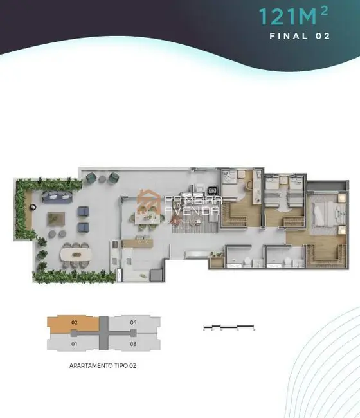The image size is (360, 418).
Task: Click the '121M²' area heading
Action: (294, 15)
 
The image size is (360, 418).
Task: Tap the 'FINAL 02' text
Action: (300, 36)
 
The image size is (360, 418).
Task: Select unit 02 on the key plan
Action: (75, 322)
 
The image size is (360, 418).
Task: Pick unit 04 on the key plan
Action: (133, 322)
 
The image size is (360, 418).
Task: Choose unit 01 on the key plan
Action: (75, 344)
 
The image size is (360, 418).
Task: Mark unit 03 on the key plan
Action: (133, 344)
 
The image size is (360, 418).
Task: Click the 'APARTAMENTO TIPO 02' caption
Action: (104, 365)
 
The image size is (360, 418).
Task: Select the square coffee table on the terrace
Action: (55, 220)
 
